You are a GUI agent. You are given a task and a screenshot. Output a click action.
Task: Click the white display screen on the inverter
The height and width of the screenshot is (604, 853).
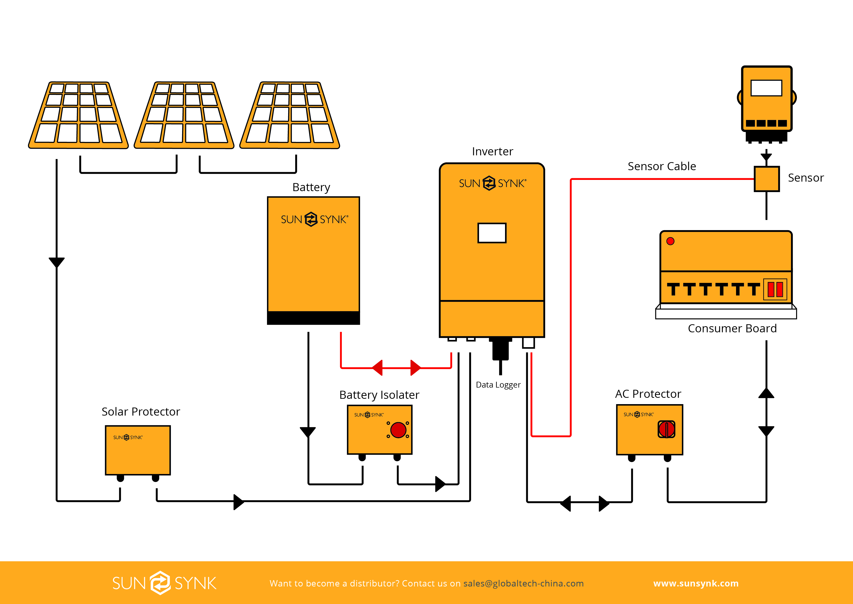[492, 233]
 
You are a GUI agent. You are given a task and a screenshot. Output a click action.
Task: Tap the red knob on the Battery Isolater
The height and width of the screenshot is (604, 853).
[398, 430]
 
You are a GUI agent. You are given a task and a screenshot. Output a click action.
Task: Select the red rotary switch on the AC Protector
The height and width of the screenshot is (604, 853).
[666, 429]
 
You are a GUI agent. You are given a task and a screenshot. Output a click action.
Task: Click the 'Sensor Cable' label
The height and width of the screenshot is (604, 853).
[662, 166]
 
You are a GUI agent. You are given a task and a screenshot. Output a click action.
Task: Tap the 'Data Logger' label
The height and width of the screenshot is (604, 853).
[498, 385]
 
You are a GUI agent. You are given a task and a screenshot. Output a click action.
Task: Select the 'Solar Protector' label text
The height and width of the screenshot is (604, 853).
[141, 412]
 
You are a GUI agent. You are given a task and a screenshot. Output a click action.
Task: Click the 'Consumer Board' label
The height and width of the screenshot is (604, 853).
[732, 328]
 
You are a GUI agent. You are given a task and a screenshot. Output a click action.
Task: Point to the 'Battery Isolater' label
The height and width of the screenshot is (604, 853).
[379, 395]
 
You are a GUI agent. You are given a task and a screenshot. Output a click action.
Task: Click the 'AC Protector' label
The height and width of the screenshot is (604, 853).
[648, 394]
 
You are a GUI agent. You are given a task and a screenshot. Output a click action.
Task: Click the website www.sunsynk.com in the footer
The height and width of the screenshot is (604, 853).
[696, 583]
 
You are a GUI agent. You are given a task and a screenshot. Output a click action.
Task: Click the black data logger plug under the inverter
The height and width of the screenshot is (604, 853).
[500, 349]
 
